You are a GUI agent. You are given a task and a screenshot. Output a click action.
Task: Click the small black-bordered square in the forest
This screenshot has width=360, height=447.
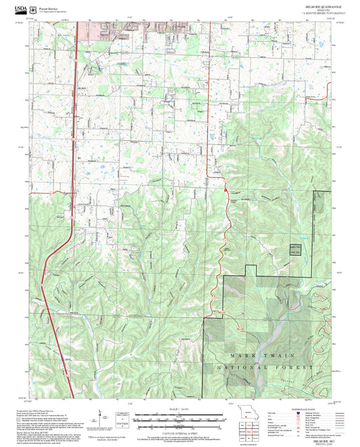pyautogui.click(x=295, y=249)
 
